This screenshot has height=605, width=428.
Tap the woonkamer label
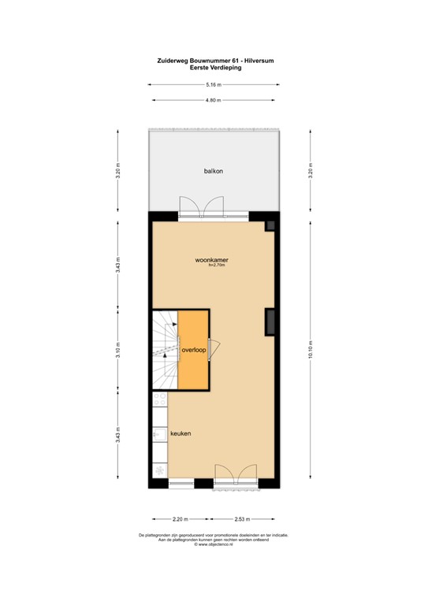click(x=213, y=259)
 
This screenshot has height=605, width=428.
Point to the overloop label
click(x=193, y=349)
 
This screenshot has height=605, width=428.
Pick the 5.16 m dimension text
click(x=213, y=84)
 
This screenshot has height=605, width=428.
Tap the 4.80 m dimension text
click(x=213, y=100)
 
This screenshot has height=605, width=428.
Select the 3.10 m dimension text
click(x=118, y=351)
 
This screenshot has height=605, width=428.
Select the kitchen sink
click(x=158, y=434)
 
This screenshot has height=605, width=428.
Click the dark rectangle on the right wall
click(x=270, y=321)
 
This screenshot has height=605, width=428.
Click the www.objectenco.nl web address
click(x=215, y=544)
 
